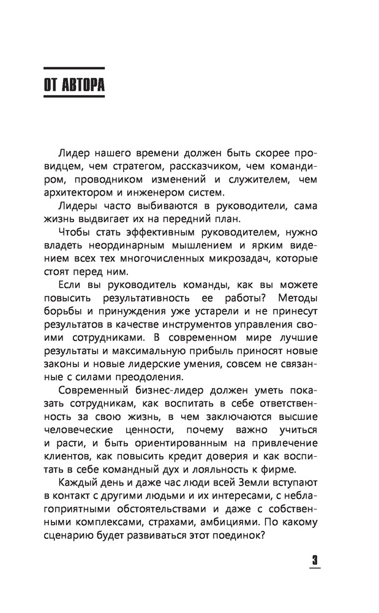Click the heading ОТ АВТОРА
point(74,85)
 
